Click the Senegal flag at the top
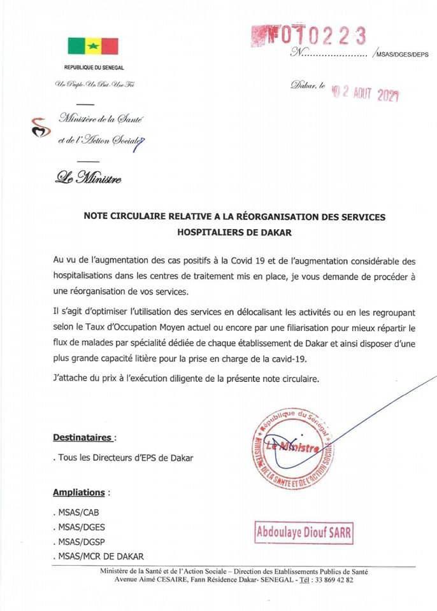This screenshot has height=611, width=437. click(x=93, y=46)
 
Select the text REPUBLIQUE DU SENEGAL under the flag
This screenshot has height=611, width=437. click(x=94, y=67)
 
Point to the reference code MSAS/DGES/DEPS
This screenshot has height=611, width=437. click(x=403, y=55)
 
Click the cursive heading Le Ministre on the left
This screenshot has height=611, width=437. click(x=89, y=178)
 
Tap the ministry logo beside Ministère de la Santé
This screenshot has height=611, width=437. click(x=39, y=127)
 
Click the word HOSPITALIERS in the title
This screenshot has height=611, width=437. click(x=207, y=232)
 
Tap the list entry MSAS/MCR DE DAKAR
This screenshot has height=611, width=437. click(x=99, y=556)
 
